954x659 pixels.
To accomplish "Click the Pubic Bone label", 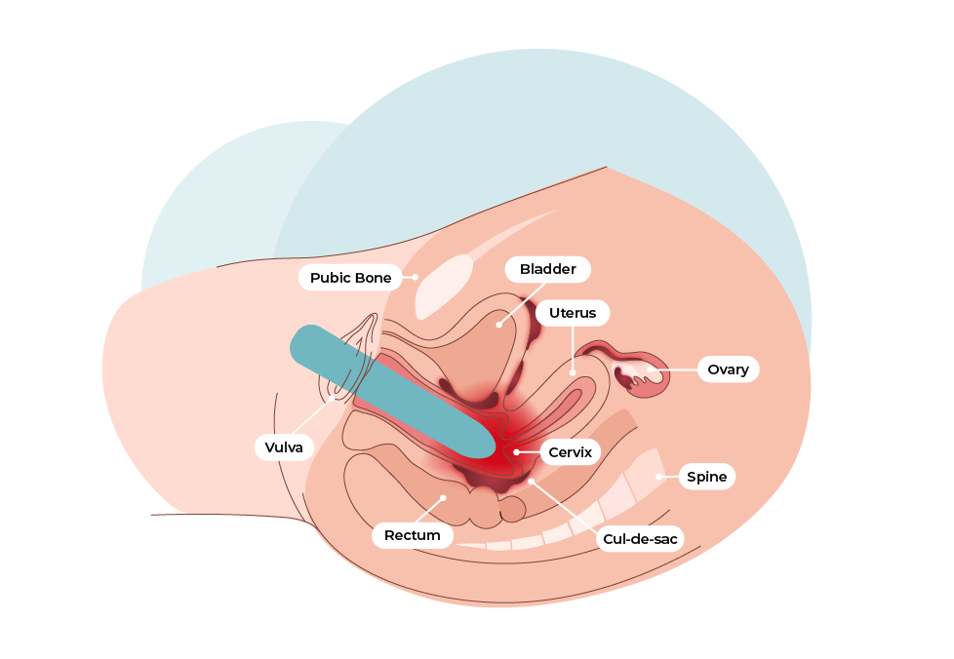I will [350, 278].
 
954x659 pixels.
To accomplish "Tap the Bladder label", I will [547, 269].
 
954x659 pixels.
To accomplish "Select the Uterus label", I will [572, 313].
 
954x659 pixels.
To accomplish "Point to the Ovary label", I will [727, 369].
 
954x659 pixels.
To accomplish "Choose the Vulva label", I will [284, 447].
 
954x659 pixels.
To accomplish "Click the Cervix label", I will [570, 452].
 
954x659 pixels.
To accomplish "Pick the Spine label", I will [706, 477].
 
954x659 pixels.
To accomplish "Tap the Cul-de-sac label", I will [640, 538].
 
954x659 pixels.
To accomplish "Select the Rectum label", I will [412, 535].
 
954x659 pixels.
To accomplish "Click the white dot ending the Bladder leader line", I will [498, 324].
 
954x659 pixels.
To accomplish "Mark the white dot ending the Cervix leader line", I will [516, 452].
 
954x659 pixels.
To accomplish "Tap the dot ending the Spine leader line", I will [659, 477].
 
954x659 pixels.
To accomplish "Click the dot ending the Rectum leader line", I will [443, 497].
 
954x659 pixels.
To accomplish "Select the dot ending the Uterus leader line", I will [572, 371].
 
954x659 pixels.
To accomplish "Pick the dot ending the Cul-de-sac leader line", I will [532, 481].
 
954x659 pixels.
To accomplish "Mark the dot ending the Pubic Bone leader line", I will [416, 278].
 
